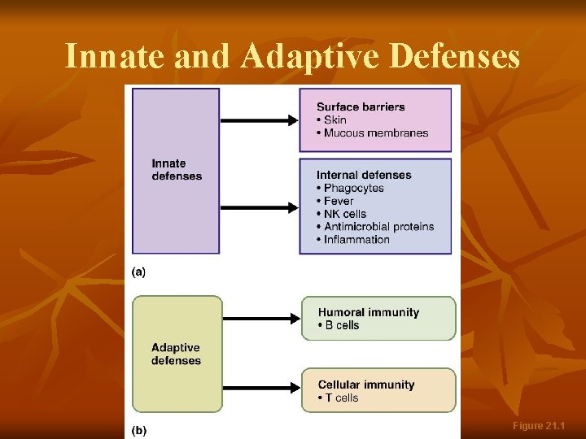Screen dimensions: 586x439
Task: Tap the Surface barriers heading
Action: [361, 106]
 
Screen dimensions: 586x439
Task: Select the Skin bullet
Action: [335, 120]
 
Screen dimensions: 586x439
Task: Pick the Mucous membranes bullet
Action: [375, 133]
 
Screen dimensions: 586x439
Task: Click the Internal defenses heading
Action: [364, 175]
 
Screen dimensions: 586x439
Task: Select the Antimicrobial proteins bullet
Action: [378, 227]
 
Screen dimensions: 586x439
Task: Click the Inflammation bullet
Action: [356, 240]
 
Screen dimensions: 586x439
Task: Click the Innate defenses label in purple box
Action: [177, 170]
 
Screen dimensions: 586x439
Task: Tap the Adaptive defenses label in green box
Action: [176, 354]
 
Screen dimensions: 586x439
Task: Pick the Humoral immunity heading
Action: [369, 312]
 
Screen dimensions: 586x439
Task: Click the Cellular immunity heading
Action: [366, 385]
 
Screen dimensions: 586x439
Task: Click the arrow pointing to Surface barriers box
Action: [260, 120]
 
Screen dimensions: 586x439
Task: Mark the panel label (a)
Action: [138, 272]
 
